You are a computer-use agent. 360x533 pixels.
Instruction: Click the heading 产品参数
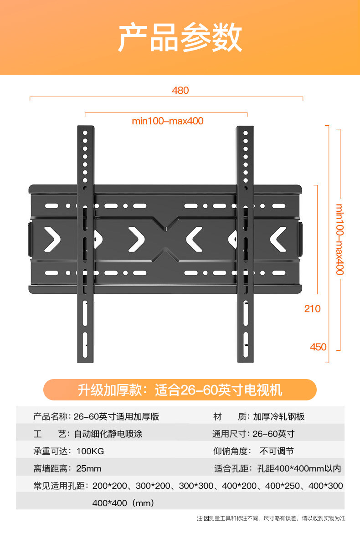(x=180, y=38)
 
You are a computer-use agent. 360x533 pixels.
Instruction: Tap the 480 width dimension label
(x=180, y=90)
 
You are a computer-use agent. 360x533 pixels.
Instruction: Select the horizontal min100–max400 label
(x=167, y=121)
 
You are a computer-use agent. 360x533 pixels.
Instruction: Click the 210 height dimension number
(x=312, y=308)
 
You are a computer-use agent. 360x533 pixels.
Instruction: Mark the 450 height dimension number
(x=318, y=347)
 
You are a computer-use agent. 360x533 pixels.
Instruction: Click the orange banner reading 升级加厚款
(x=180, y=390)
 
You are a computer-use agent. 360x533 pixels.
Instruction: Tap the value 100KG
(x=90, y=451)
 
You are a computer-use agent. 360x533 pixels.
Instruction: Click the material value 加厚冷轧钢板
(x=278, y=416)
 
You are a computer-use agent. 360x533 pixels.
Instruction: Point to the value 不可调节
(x=277, y=451)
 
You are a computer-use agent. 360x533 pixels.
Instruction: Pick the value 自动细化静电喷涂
(x=108, y=434)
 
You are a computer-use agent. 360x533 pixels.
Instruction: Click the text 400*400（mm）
(x=123, y=503)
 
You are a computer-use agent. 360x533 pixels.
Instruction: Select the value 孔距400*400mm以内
(x=298, y=468)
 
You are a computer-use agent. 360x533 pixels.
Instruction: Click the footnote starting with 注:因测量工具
(x=271, y=518)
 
